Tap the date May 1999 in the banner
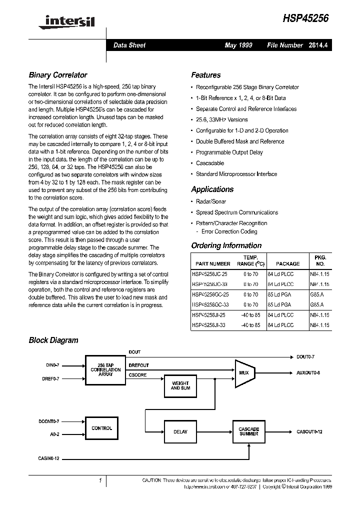(x=238, y=45)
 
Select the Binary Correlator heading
(x=58, y=75)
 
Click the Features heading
(x=205, y=75)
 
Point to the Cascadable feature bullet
(x=209, y=163)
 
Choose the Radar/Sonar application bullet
(x=210, y=201)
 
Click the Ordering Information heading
(x=226, y=245)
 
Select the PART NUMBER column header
(x=213, y=263)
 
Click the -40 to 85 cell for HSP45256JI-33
(x=250, y=325)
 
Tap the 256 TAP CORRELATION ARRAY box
(x=105, y=370)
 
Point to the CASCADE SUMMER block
(x=248, y=431)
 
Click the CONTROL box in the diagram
(x=102, y=428)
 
